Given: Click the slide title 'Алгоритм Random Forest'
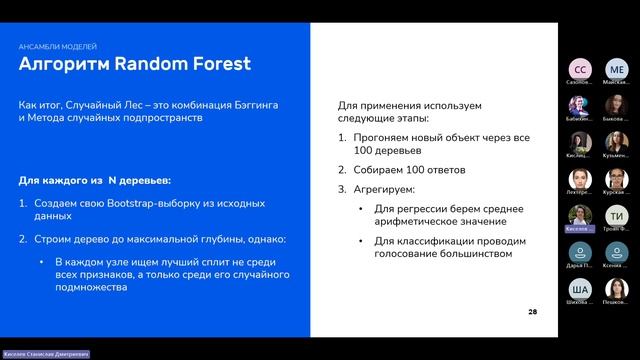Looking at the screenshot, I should click(x=135, y=65).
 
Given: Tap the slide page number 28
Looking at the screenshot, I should click(x=532, y=312).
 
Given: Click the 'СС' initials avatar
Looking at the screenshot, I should click(x=579, y=69).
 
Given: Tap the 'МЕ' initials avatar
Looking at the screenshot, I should click(x=617, y=69).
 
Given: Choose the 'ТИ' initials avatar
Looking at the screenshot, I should click(x=617, y=216).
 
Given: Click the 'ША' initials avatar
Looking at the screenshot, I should click(x=579, y=289).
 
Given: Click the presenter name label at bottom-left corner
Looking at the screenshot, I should click(x=44, y=354).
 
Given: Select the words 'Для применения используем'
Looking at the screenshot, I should click(x=409, y=104).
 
